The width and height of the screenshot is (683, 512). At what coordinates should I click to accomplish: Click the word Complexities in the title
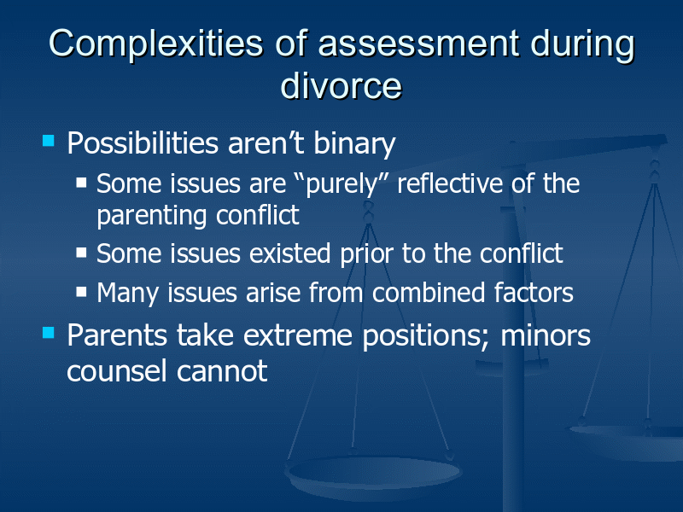coord(155,44)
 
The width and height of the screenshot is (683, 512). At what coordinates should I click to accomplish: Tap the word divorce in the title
coord(341,84)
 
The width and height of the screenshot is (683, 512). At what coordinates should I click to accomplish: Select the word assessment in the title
coord(418,44)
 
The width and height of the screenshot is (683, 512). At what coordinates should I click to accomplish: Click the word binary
coord(354,143)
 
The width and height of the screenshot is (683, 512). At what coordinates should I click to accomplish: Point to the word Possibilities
coord(143,143)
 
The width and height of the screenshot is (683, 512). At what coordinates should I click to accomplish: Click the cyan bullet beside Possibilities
coord(49,141)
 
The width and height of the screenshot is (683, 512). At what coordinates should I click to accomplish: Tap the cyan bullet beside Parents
coord(49,333)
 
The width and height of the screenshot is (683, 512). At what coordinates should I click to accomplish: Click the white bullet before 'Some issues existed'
coord(81,253)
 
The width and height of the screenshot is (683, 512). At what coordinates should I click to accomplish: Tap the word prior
coord(367,254)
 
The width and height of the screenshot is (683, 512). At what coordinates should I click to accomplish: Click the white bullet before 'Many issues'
coord(81,291)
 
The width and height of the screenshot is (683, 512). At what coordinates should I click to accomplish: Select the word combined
coord(429,292)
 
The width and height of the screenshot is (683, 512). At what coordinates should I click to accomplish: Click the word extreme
coord(297,335)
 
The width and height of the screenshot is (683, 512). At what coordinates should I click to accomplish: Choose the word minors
coord(546,335)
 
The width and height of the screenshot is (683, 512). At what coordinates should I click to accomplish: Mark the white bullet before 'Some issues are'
coord(81,182)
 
